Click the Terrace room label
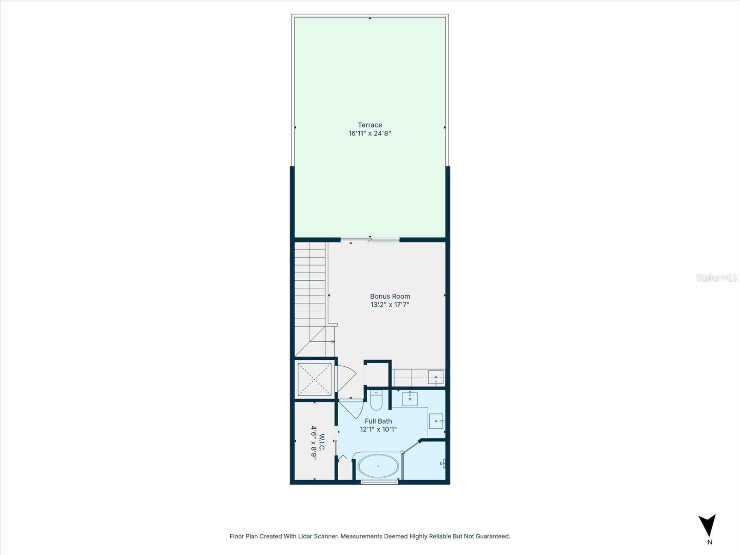(370, 125)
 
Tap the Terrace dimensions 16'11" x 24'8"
(370, 134)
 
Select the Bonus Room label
(390, 296)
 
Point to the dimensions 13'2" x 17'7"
(390, 305)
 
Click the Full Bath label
(378, 421)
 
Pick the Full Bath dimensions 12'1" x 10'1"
(378, 429)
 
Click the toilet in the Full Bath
(376, 401)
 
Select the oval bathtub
(378, 466)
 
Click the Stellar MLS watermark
(716, 278)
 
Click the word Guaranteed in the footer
(493, 536)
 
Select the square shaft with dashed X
(314, 380)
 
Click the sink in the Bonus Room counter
(436, 378)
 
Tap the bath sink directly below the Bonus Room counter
(410, 398)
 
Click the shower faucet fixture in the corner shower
(443, 462)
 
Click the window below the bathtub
(379, 482)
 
